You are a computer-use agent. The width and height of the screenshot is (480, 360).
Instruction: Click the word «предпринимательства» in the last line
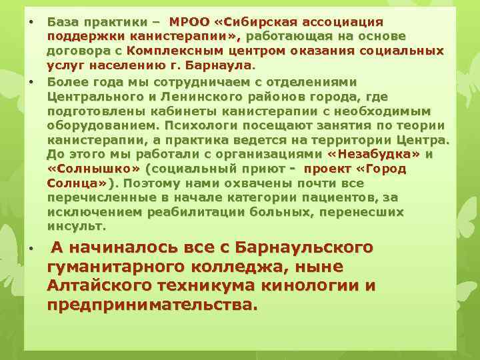[x=149, y=305]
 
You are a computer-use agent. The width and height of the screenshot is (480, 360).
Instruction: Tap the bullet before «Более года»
[x=31, y=81]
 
